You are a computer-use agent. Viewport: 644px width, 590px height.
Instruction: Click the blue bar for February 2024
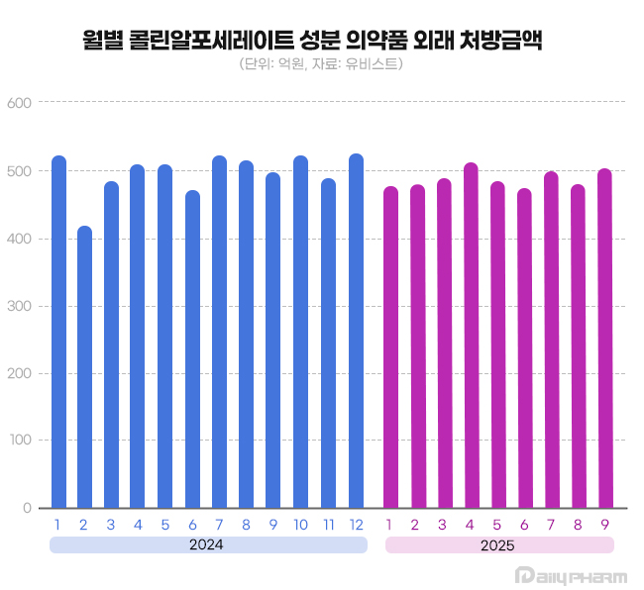click(85, 367)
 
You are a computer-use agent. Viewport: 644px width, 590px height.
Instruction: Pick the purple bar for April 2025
click(471, 336)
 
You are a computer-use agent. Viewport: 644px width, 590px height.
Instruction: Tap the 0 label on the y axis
click(29, 508)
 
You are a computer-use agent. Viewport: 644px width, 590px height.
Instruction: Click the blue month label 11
click(329, 524)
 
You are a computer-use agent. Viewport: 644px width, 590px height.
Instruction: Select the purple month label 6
click(524, 524)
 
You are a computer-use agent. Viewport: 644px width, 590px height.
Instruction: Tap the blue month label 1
click(58, 524)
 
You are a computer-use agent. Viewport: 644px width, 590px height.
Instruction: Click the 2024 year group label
click(207, 544)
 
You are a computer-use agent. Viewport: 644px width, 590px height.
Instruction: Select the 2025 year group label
click(498, 544)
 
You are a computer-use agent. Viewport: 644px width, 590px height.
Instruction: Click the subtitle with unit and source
click(321, 65)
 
